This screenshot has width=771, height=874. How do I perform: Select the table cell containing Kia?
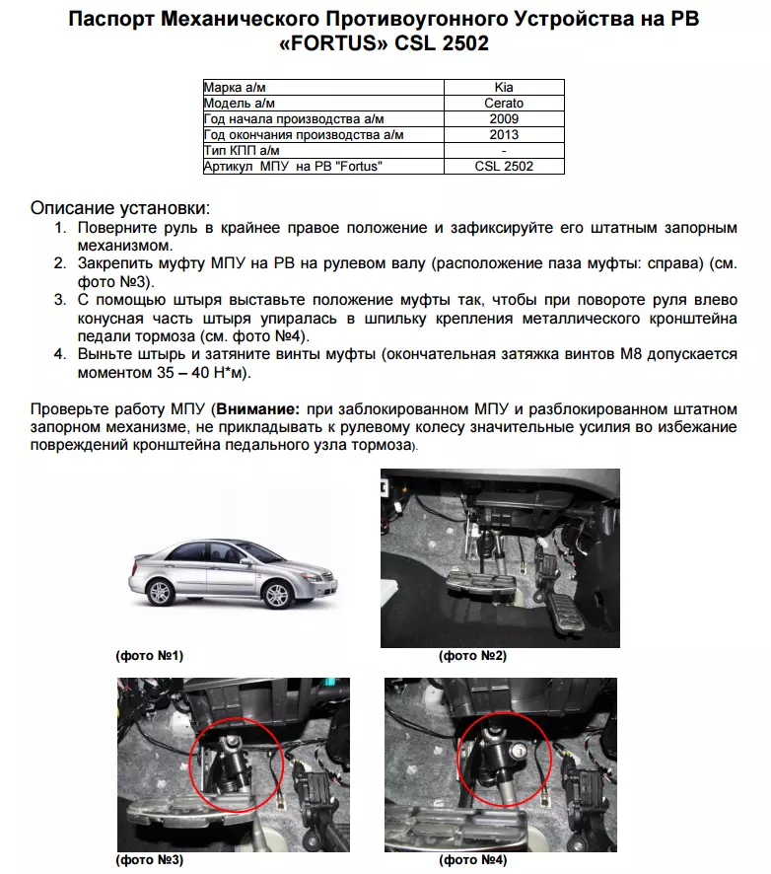504,88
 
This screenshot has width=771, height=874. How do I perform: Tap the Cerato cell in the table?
504,104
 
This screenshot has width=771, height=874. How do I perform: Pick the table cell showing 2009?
504,119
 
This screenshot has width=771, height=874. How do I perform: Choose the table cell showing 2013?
504,135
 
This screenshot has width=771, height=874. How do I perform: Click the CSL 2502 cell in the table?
504,167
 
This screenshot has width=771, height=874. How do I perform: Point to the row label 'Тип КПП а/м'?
242,151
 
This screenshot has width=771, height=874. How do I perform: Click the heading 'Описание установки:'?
120,209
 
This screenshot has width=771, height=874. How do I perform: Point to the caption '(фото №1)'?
150,655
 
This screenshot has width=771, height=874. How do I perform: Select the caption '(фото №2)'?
472,655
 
